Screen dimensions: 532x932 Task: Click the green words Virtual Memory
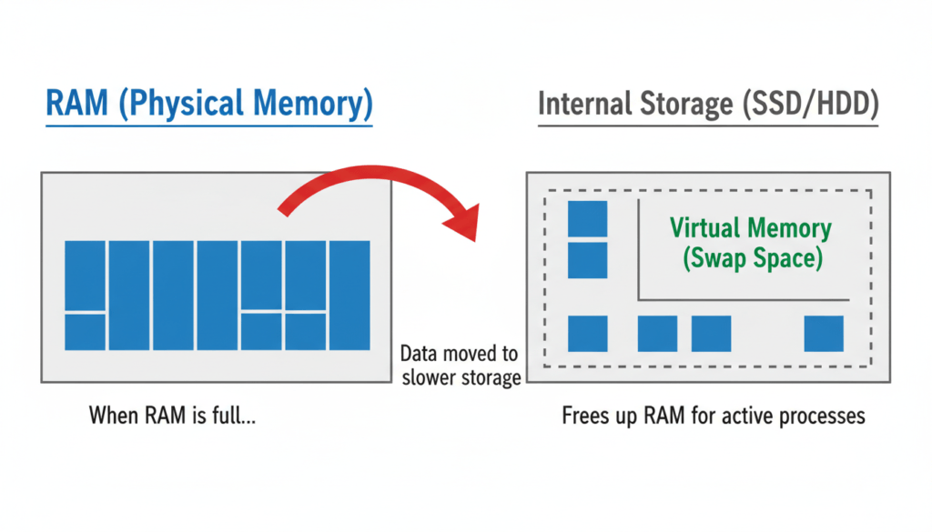point(751,228)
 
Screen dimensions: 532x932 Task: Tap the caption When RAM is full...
point(172,417)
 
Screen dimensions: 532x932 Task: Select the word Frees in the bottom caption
point(585,417)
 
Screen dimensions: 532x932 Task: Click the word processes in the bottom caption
point(824,417)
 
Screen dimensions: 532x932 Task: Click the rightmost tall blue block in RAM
point(349,296)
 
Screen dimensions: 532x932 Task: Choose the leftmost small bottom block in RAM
point(85,332)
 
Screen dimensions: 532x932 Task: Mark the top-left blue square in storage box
point(587,219)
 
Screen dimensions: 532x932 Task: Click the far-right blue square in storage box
point(824,334)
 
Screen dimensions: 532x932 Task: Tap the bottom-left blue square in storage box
point(587,334)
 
